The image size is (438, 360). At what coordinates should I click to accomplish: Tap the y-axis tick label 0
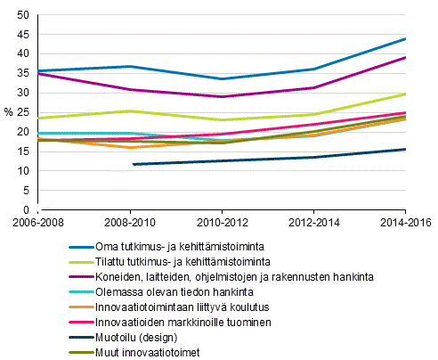click(x=27, y=210)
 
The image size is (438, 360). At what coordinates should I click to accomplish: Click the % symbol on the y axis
click(x=7, y=113)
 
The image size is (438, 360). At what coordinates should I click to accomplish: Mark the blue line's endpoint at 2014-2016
click(x=405, y=38)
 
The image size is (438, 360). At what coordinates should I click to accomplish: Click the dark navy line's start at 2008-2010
click(x=133, y=164)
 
